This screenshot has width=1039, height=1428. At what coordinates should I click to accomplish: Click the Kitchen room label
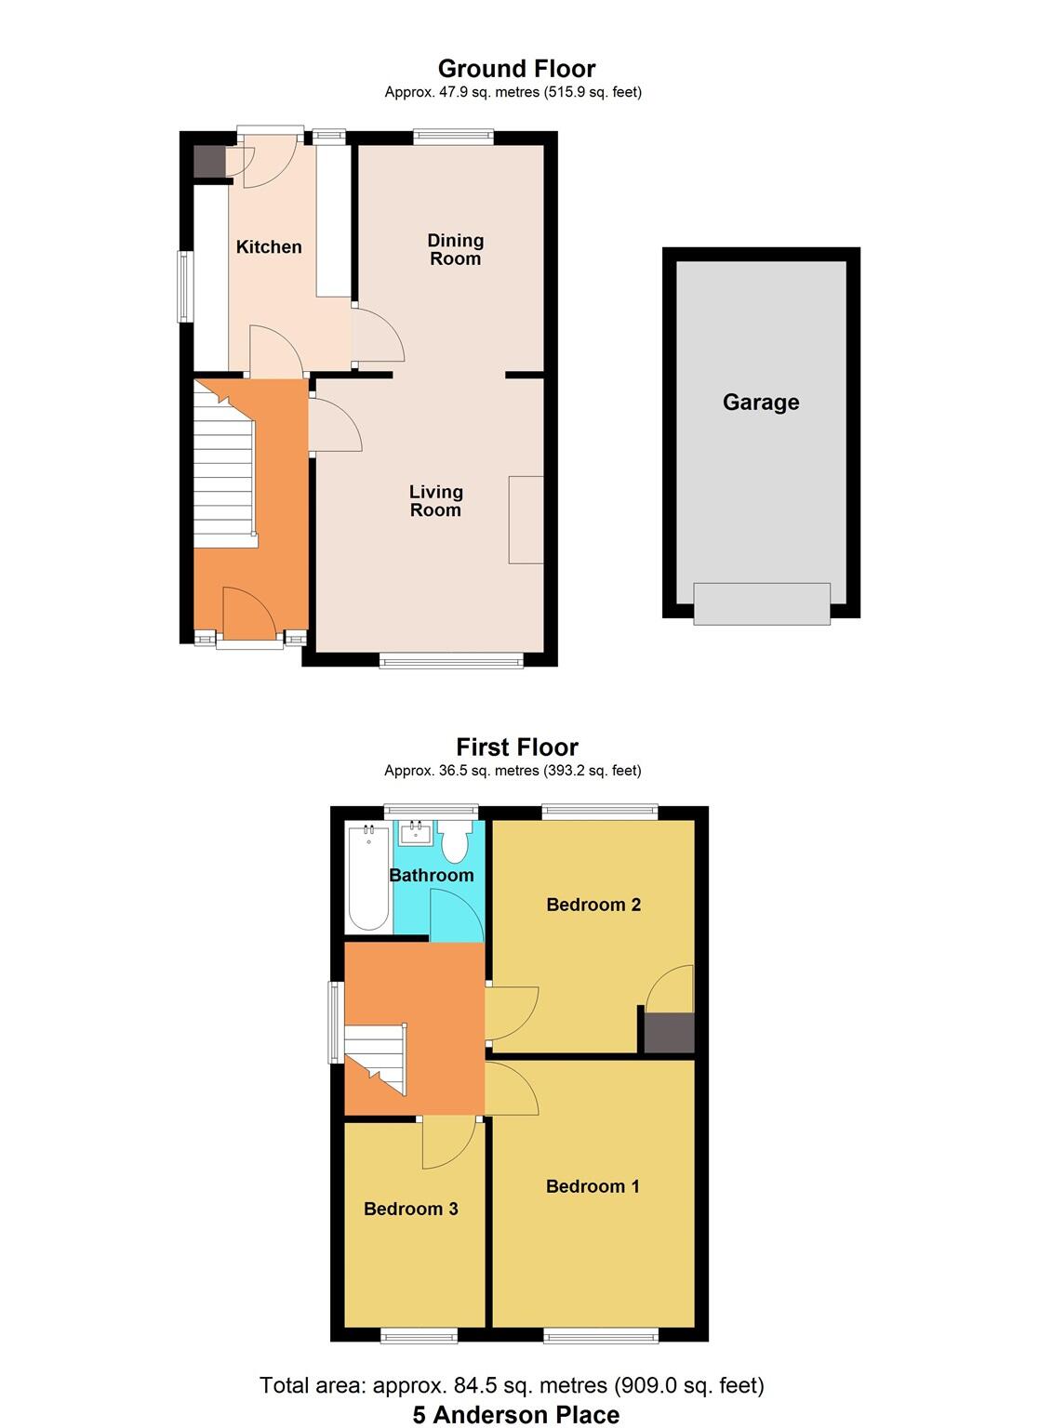coord(269,247)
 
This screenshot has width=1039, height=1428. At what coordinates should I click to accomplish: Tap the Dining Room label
coord(455,250)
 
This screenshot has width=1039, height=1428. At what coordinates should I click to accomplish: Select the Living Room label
coord(435,501)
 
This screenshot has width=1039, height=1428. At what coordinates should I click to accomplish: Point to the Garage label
coord(761,403)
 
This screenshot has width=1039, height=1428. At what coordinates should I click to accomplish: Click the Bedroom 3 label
coord(410,1209)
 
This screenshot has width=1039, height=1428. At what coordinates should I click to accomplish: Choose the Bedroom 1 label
coord(593,1186)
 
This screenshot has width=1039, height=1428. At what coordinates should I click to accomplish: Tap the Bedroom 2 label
coord(593,905)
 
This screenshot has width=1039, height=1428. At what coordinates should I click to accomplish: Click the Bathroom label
coord(431,876)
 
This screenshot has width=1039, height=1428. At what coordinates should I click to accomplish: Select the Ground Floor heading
coord(516,69)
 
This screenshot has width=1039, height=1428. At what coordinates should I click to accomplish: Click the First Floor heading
coord(517,747)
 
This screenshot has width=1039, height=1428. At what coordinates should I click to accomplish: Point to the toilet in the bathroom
coord(455,842)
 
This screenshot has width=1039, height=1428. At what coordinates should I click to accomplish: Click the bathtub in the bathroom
coord(367,877)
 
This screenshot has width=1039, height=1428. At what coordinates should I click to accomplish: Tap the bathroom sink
coord(414,832)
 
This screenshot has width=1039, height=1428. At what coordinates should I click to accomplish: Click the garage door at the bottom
coord(762,603)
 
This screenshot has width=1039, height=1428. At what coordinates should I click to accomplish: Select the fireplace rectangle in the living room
coord(526,520)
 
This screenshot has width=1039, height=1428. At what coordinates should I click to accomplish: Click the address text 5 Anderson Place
coord(516,1415)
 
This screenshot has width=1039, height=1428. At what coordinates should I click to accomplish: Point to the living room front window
coord(451,660)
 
